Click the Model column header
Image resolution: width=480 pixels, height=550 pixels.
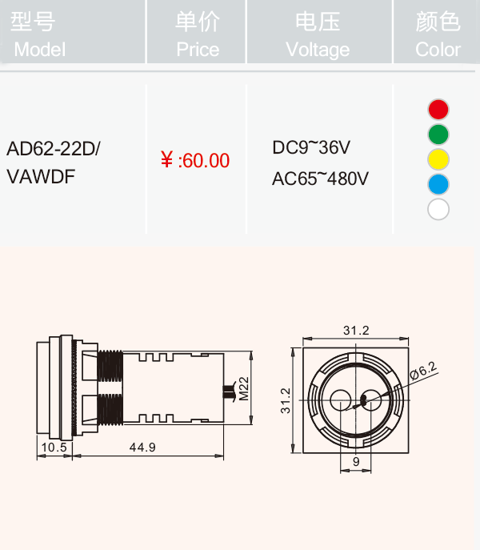(38, 34)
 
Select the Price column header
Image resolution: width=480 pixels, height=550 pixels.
(198, 34)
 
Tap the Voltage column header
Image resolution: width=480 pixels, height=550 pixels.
(318, 34)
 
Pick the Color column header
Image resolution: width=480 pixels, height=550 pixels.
(438, 34)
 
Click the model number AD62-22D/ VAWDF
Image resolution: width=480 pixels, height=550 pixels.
(54, 163)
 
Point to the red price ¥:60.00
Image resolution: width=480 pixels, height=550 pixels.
(195, 160)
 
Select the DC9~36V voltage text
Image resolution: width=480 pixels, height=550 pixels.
(311, 147)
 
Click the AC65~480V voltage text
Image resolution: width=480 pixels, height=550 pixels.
(320, 179)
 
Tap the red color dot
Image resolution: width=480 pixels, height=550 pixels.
(438, 110)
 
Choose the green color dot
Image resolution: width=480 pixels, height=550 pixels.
(438, 134)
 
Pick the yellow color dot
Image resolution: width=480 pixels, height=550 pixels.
(438, 159)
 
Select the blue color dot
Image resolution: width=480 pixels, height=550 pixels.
(438, 184)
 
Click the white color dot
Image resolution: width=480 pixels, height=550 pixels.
(438, 210)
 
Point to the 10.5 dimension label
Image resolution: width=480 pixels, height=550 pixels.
(54, 448)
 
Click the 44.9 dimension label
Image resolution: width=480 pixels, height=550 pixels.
(142, 448)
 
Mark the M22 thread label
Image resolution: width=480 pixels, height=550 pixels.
(244, 388)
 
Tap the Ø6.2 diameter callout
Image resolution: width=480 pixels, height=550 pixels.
(423, 371)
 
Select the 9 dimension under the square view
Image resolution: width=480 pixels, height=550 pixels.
(356, 462)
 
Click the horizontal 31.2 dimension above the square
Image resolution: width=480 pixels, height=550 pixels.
(356, 331)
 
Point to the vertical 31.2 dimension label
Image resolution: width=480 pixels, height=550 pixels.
(286, 400)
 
